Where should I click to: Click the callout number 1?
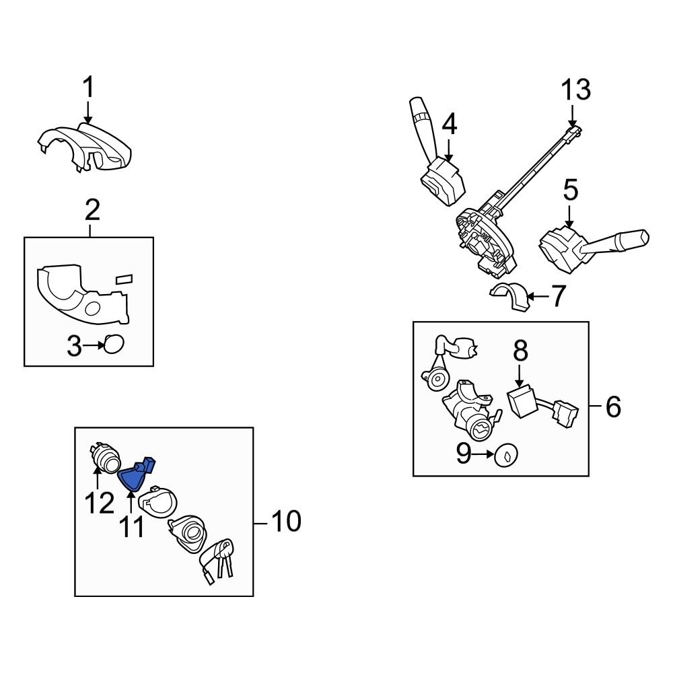[88, 88]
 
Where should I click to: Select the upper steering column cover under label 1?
[84, 145]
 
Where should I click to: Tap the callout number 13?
[576, 90]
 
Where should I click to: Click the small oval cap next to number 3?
[114, 345]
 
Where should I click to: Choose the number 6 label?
[613, 406]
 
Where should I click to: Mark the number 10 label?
[286, 521]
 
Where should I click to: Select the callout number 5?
[570, 190]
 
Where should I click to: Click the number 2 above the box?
[92, 211]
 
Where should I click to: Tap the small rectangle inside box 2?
[124, 278]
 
